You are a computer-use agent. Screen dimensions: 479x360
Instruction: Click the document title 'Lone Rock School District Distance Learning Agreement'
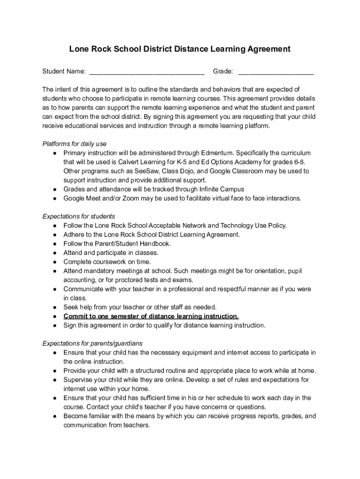click(180, 49)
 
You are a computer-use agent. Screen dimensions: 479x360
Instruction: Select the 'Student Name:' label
click(64, 72)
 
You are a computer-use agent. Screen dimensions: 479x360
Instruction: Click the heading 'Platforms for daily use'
click(74, 144)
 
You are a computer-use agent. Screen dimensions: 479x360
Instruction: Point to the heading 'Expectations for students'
click(79, 217)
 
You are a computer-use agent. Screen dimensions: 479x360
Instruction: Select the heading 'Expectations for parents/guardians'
click(93, 343)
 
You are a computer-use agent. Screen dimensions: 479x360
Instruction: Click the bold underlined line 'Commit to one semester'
click(151, 316)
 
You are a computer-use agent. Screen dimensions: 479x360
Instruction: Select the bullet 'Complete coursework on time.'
click(107, 262)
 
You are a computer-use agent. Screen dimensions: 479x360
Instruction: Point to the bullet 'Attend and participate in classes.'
click(111, 253)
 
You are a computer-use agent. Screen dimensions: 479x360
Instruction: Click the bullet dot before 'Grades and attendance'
click(55, 189)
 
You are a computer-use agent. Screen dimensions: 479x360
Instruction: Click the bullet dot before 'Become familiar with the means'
click(55, 416)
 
